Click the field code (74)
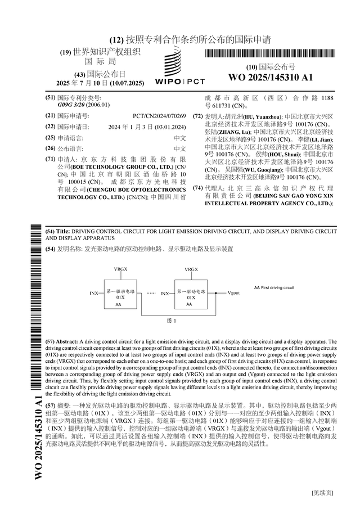(x=198, y=188)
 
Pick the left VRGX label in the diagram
(x=120, y=269)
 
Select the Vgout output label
(x=233, y=293)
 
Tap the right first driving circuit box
(x=191, y=294)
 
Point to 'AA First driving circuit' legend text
(x=274, y=287)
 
